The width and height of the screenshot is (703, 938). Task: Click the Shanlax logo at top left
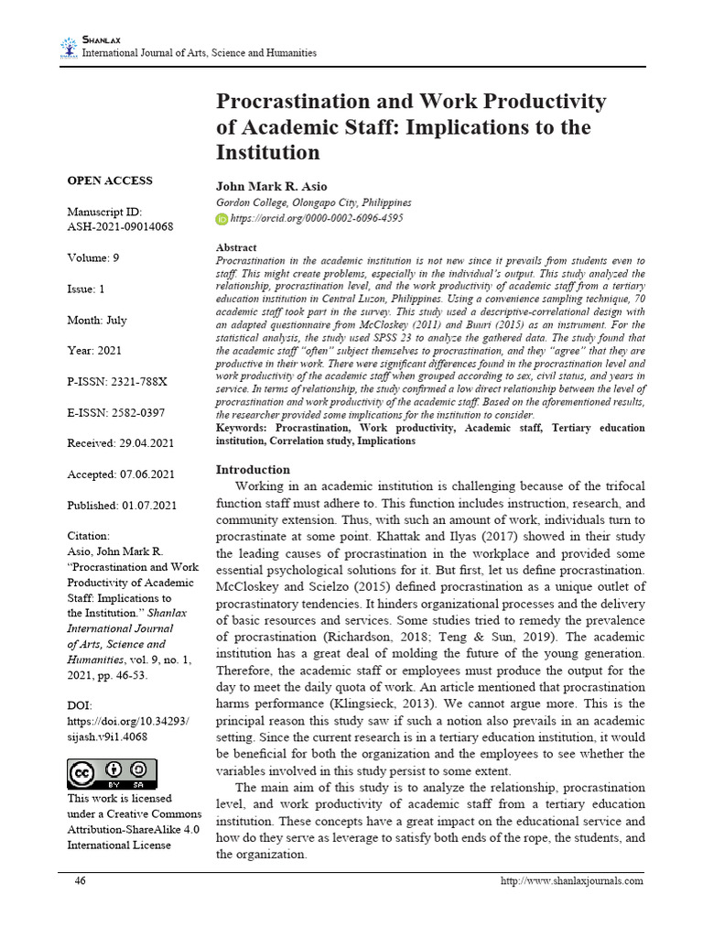coord(70,47)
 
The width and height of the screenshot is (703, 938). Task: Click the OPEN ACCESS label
coord(110,180)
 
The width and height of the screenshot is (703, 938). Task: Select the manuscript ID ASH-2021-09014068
coord(120,226)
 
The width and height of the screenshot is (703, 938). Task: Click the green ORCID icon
coord(222,219)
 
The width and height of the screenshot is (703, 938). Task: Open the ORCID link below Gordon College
coord(316,219)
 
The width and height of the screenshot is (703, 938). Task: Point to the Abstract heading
coord(236,248)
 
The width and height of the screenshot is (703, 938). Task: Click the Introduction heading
coord(253,470)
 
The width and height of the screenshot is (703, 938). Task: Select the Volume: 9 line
coord(94,258)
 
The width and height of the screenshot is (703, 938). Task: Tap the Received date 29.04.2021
coord(121,443)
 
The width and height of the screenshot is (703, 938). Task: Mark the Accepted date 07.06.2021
coord(122,474)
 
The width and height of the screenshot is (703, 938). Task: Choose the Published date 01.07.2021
coord(123,506)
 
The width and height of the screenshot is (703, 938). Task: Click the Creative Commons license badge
coord(112,774)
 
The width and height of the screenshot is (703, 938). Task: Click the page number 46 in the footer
coord(81,881)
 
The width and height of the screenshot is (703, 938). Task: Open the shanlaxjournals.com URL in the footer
coord(572,881)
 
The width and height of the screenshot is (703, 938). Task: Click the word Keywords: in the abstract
coord(243,429)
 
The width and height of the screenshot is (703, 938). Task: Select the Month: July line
coord(97,321)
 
